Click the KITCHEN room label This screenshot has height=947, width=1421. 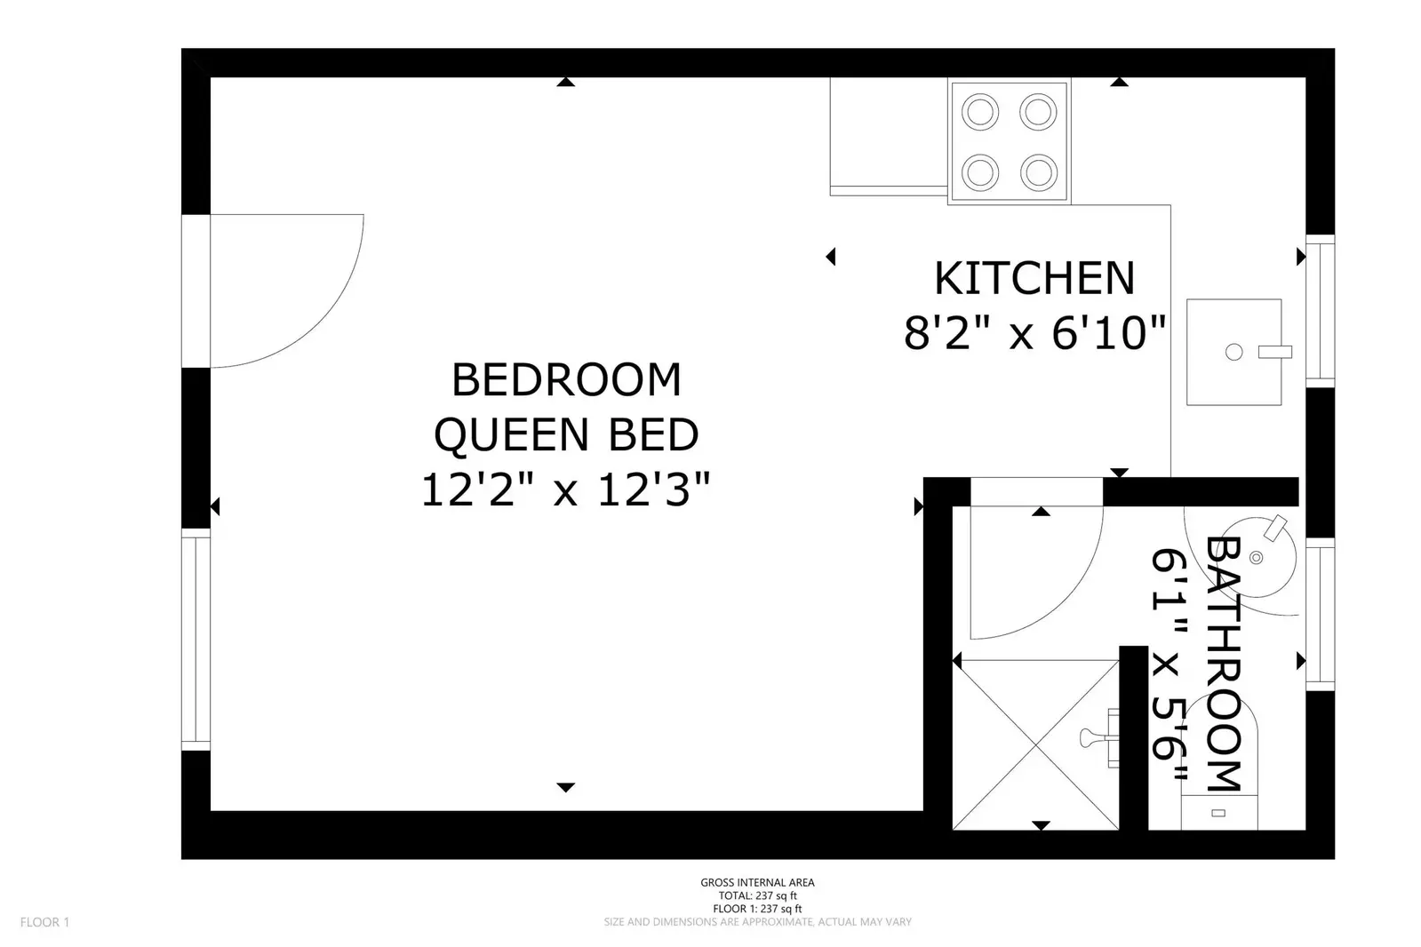[x=1034, y=278]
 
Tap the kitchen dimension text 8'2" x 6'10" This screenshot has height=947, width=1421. [x=1034, y=333]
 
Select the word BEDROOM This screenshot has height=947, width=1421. [x=566, y=379]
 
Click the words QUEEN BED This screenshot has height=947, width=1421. [x=566, y=435]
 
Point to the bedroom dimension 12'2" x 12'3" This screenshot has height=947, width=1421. [x=565, y=489]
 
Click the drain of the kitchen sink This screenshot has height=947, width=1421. [x=1233, y=352]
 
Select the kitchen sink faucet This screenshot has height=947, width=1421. [x=1275, y=352]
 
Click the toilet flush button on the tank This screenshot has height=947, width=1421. [x=1218, y=813]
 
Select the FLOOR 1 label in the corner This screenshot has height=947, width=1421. [x=44, y=922]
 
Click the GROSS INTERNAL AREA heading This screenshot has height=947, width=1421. [x=757, y=882]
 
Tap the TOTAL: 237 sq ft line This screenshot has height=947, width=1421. [x=757, y=895]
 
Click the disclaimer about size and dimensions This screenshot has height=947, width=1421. [x=757, y=921]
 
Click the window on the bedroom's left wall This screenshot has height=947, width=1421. [x=196, y=640]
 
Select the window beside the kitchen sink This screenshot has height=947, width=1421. [x=1320, y=311]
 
